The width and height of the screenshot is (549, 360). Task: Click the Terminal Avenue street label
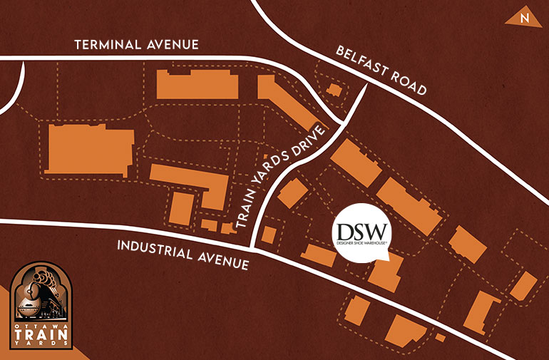[x=137, y=46]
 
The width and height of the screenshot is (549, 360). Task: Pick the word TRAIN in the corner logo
[x=43, y=332]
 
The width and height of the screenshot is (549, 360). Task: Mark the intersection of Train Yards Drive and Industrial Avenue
[x=255, y=249]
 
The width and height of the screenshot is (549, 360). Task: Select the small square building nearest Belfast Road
[x=333, y=91]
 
